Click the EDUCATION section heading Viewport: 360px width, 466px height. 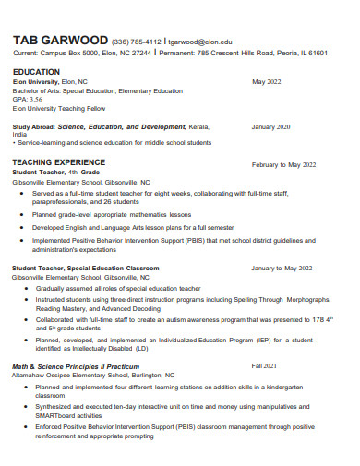point(36,71)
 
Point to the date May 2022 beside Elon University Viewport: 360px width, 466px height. point(267,81)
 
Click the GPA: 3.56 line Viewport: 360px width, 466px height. point(28,99)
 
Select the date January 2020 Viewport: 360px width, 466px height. point(271,126)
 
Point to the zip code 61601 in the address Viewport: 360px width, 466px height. point(317,54)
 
